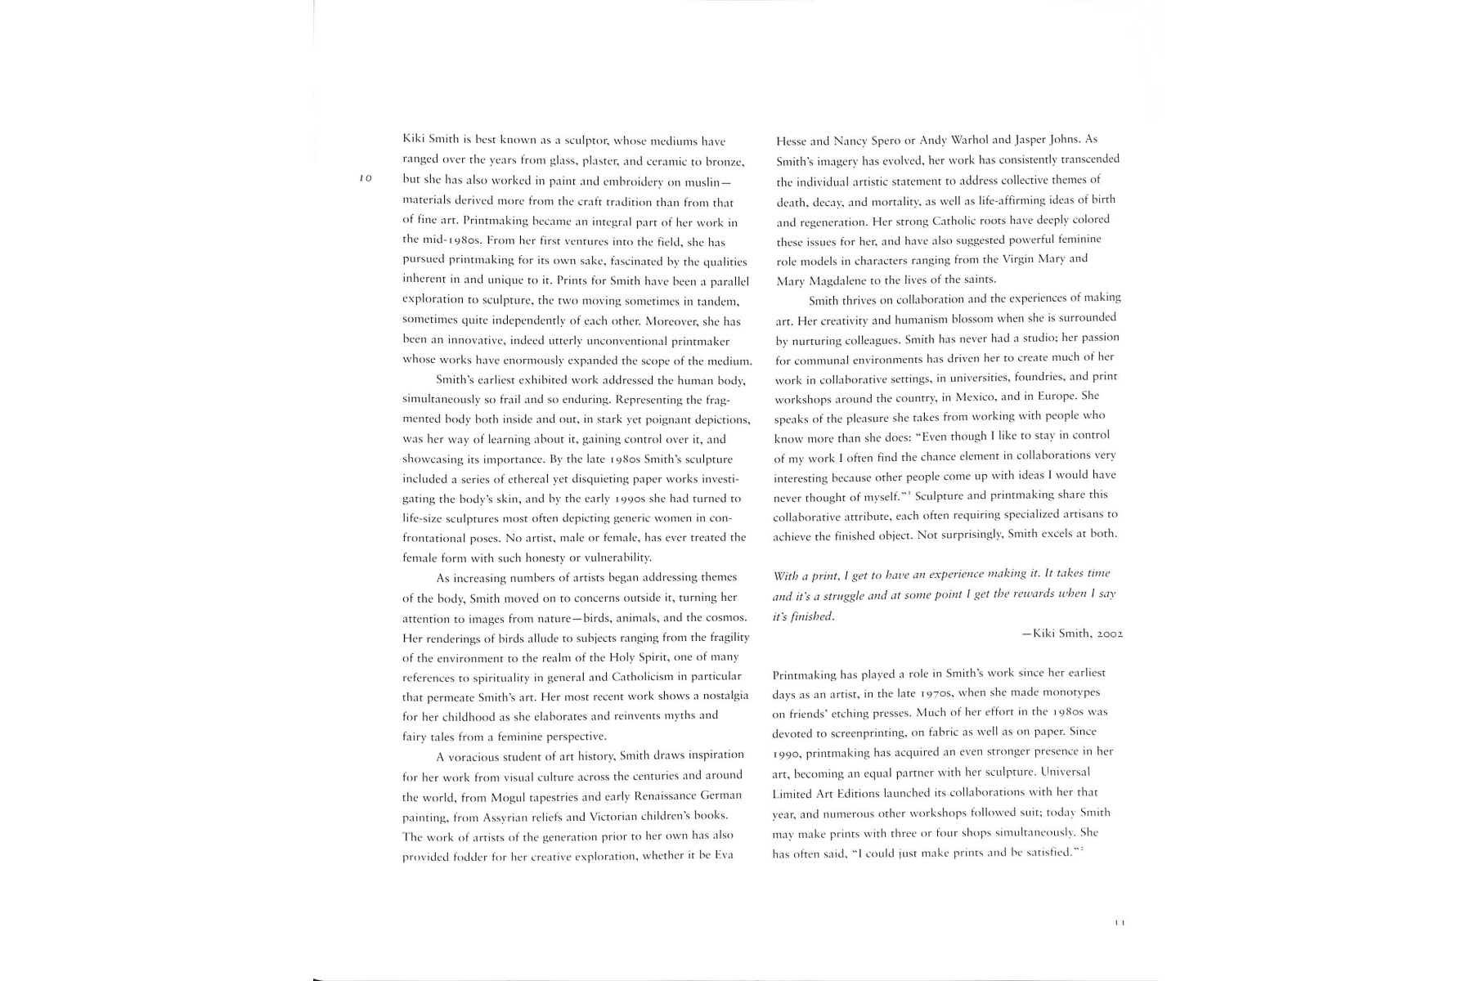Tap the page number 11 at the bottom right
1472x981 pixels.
[1120, 923]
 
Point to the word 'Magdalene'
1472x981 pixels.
[837, 280]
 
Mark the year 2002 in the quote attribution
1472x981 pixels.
[1110, 634]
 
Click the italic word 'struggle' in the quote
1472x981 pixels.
[837, 595]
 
